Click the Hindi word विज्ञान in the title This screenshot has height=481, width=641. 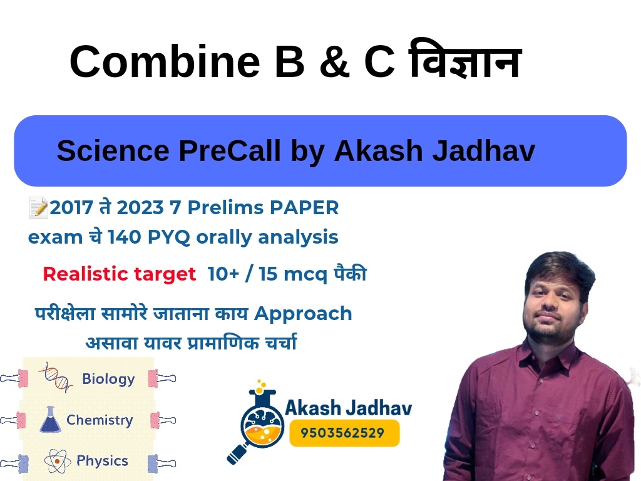465,59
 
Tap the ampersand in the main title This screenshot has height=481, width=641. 334,61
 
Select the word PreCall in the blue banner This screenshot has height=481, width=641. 230,150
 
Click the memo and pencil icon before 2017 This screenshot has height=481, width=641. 38,207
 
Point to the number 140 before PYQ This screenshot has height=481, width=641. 124,237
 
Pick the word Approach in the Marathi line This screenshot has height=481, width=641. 303,314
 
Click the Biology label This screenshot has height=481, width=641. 108,379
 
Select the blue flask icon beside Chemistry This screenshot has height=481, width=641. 50,420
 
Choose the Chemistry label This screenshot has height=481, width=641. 100,420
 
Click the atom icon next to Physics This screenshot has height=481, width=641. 57,461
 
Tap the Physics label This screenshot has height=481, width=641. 102,461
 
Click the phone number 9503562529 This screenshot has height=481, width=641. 342,433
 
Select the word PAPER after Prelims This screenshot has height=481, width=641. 304,207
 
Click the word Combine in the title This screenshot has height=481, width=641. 165,61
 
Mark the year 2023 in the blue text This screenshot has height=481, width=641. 140,207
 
